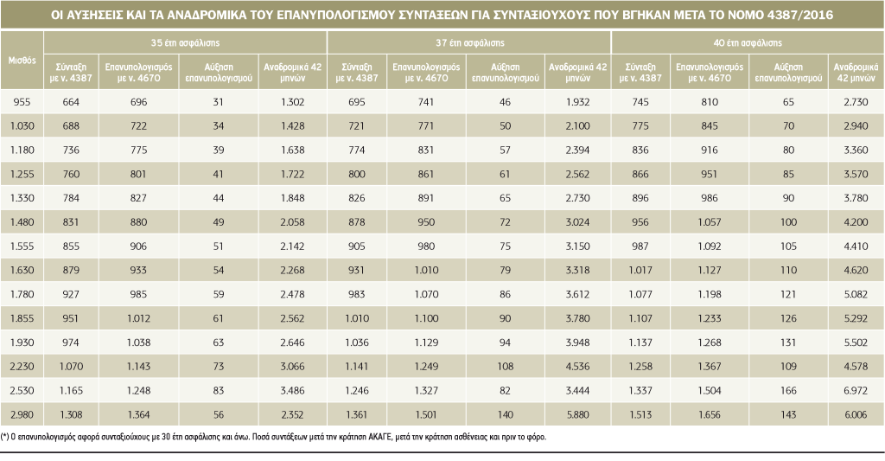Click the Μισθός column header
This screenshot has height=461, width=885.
pos(22,61)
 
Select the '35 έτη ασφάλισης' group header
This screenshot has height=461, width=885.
pos(184,42)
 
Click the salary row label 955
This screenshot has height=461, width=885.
pos(22,102)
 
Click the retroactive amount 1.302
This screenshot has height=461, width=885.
pos(294,102)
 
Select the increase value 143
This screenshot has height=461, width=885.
pos(787,413)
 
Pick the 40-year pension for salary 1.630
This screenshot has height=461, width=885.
pos(640,270)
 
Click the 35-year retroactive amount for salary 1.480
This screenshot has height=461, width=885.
pos(294,221)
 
